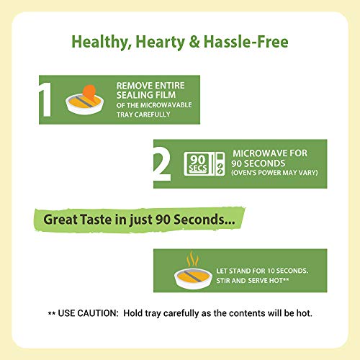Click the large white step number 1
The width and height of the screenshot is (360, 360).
[x=46, y=99]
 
